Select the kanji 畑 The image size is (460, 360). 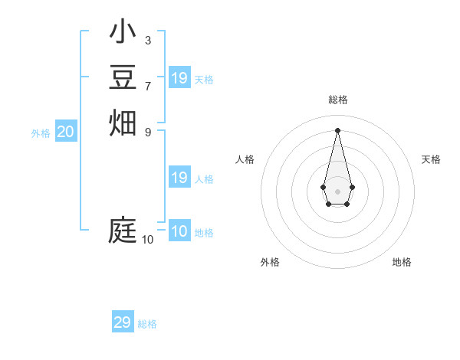click(x=123, y=122)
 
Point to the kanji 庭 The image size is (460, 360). click(x=123, y=231)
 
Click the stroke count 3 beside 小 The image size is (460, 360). click(x=147, y=40)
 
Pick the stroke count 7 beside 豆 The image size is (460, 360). click(x=147, y=86)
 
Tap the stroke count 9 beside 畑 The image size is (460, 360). click(x=147, y=131)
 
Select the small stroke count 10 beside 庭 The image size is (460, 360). click(x=147, y=240)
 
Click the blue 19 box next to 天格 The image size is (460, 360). click(x=179, y=77)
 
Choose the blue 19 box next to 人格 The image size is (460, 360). click(x=179, y=178)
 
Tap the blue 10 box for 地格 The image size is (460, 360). click(x=179, y=231)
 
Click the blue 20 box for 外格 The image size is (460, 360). click(x=66, y=132)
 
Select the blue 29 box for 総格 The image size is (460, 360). click(x=123, y=322)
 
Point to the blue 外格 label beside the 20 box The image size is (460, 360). click(x=41, y=133)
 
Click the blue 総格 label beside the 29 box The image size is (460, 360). click(x=147, y=324)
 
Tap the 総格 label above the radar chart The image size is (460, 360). click(x=337, y=100)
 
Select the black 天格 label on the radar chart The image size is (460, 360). click(x=431, y=159)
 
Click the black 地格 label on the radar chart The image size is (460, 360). click(x=402, y=262)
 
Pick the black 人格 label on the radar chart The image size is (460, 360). click(x=245, y=159)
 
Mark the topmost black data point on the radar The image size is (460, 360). click(x=337, y=129)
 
